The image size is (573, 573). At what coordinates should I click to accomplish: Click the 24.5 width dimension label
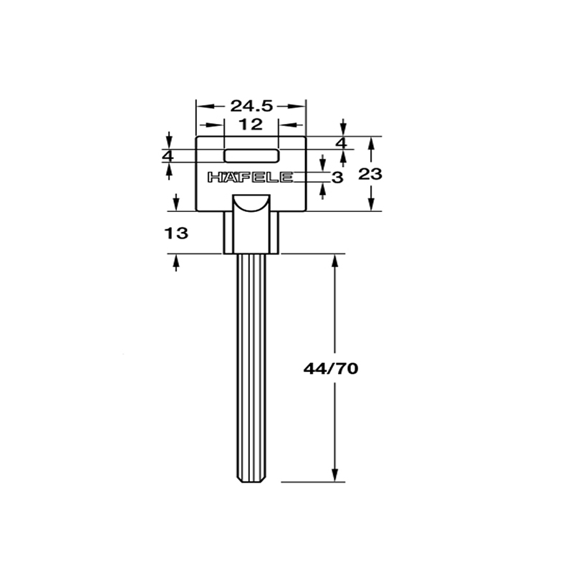tap(252, 106)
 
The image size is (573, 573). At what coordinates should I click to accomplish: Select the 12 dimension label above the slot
tap(251, 125)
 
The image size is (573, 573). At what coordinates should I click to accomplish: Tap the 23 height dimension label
tap(370, 174)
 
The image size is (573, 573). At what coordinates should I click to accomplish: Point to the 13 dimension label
tap(176, 233)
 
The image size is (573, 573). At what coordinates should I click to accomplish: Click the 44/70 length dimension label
tap(331, 369)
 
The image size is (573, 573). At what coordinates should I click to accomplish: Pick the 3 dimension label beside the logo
tap(337, 178)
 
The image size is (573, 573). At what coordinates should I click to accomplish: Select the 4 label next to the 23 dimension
tap(342, 143)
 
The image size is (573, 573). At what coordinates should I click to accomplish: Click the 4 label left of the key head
tap(168, 156)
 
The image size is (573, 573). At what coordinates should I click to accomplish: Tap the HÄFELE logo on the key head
tap(250, 177)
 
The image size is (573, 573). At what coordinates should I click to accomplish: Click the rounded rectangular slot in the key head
tap(251, 155)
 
